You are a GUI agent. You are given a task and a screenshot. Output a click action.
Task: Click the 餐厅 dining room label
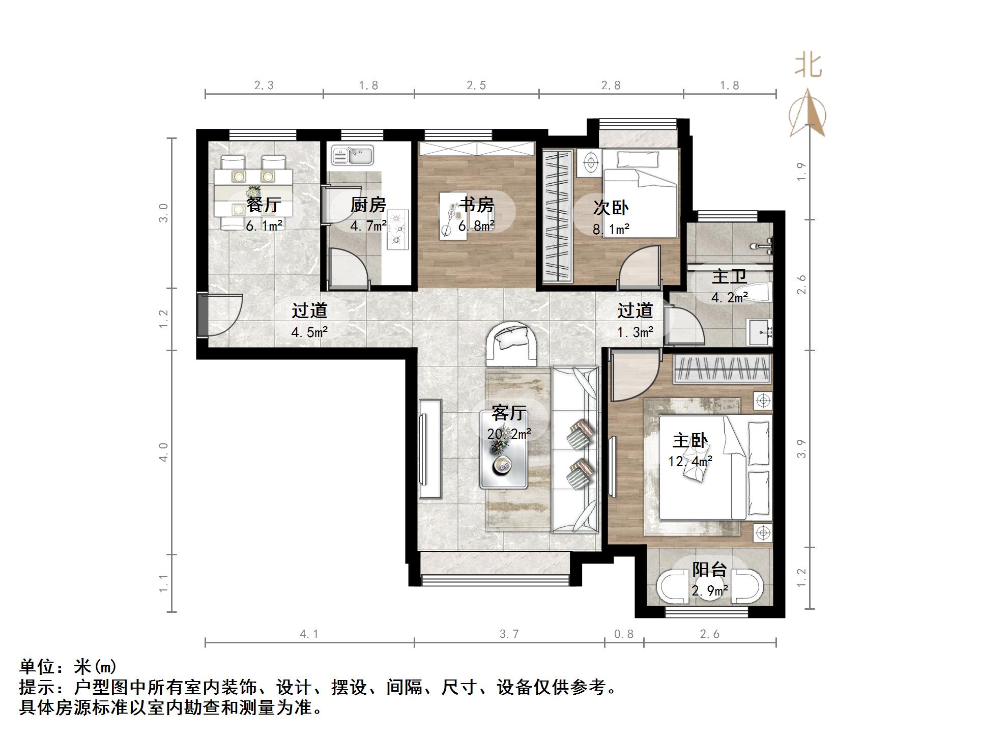click(264, 205)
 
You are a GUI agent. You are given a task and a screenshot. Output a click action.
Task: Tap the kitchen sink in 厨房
click(353, 155)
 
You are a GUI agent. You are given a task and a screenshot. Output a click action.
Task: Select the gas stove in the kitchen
click(398, 230)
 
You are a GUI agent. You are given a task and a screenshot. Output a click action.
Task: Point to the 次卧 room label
click(611, 208)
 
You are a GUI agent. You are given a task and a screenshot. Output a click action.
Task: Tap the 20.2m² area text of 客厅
click(509, 434)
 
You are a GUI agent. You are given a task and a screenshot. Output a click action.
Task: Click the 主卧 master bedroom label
click(690, 441)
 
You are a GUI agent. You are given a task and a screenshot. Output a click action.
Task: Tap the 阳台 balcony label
click(709, 570)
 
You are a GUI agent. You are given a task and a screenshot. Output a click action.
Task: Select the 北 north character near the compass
click(809, 66)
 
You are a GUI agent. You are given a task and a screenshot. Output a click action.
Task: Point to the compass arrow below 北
click(809, 115)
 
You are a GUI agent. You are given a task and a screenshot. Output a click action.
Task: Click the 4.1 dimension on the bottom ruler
click(309, 634)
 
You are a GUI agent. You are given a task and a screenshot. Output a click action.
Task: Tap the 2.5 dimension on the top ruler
click(476, 86)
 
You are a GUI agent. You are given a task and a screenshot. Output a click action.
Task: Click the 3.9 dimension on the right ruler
click(802, 448)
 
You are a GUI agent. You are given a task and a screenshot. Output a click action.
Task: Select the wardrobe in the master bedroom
click(723, 369)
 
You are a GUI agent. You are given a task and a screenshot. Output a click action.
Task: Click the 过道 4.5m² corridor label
click(309, 310)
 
